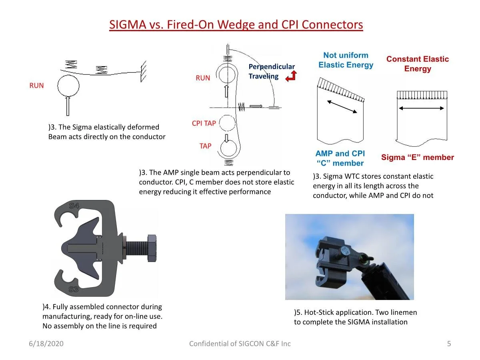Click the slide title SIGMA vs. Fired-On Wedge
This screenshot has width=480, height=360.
click(x=236, y=25)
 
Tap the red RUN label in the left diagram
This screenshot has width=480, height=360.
click(x=36, y=86)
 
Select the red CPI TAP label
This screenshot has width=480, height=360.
click(x=204, y=123)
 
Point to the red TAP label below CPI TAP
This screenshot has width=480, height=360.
click(x=205, y=146)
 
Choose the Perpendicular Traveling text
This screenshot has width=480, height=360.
click(x=271, y=71)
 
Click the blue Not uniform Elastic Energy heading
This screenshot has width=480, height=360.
click(x=346, y=60)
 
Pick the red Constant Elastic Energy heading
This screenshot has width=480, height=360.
click(x=417, y=64)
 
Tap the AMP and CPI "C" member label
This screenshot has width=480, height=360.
click(x=340, y=158)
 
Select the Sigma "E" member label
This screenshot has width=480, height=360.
click(x=417, y=157)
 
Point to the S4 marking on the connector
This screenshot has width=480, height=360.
click(x=74, y=206)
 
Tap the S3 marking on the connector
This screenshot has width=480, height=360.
click(x=74, y=289)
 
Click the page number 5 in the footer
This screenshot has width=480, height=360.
click(x=449, y=344)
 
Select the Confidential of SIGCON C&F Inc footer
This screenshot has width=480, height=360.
click(x=240, y=344)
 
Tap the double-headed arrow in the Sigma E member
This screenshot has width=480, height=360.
click(x=421, y=108)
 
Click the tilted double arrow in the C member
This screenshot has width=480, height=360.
click(x=342, y=107)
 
